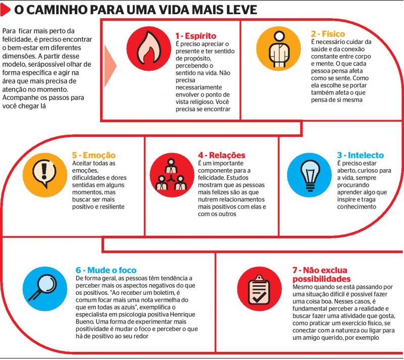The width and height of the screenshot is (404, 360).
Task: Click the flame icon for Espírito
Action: [150, 48]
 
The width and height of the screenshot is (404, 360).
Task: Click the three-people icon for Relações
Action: [172, 174]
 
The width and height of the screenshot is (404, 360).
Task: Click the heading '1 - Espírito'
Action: [195, 36]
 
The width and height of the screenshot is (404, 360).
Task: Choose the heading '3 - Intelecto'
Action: [360, 156]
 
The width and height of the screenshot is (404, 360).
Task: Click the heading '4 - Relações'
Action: [221, 155]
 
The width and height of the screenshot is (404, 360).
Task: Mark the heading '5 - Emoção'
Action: [93, 155]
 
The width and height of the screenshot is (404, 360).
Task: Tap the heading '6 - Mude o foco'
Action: [106, 270]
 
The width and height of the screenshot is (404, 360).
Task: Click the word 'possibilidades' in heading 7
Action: [321, 279]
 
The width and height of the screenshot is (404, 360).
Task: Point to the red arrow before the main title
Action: [7, 10]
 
